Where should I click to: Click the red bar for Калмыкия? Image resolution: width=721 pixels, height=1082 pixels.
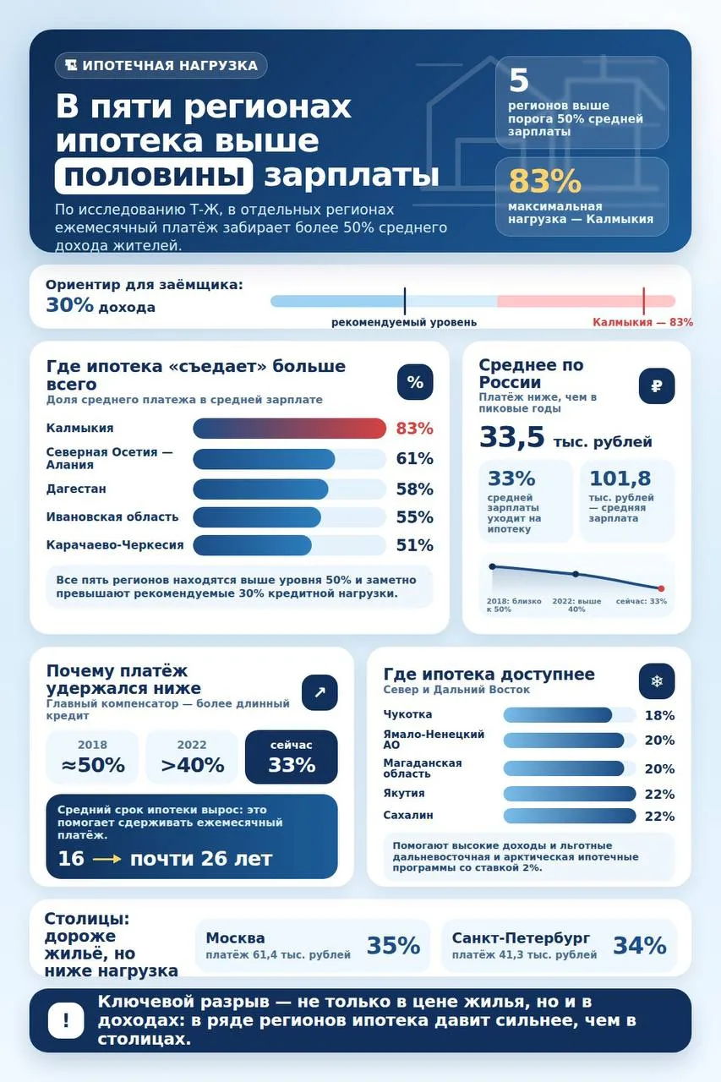click(289, 429)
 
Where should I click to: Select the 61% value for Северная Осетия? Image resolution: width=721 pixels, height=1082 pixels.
click(414, 458)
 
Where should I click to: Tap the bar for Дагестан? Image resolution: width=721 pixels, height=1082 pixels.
click(260, 489)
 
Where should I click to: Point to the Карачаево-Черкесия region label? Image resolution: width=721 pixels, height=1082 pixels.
click(115, 545)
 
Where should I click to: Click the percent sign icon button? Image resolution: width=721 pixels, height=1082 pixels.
click(415, 382)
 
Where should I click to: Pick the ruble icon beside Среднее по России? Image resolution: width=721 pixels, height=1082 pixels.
click(656, 386)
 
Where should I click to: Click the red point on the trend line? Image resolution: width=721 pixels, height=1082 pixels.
click(661, 588)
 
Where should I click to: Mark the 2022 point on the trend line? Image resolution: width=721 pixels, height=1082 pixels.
click(576, 574)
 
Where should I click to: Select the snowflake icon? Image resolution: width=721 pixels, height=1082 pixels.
click(656, 681)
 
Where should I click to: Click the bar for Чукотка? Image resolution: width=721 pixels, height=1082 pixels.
click(557, 715)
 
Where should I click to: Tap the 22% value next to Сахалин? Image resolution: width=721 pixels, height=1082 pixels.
click(659, 817)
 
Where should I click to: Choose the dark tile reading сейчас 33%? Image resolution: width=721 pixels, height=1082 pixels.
click(292, 757)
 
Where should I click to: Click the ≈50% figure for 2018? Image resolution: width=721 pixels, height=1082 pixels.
click(93, 765)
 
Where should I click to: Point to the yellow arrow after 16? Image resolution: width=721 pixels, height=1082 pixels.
click(107, 859)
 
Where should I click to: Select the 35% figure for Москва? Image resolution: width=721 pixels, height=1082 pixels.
click(393, 946)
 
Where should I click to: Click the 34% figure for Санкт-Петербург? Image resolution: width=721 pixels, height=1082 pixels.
click(639, 946)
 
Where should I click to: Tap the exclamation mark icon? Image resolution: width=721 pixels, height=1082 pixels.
click(66, 1020)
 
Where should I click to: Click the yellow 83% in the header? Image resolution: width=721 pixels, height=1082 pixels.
click(544, 181)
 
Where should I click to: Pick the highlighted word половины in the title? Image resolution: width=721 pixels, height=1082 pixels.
click(154, 176)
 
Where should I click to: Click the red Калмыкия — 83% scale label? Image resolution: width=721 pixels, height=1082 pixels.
click(642, 322)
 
